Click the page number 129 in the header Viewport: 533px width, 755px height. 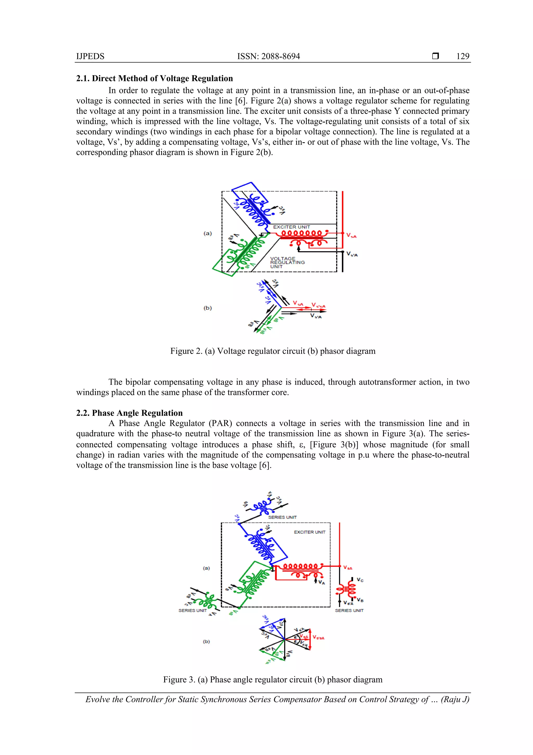(462, 56)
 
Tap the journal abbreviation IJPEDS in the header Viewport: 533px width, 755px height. (90, 56)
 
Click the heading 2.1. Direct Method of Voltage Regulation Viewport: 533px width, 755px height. (154, 78)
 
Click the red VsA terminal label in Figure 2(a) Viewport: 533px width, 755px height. (351, 236)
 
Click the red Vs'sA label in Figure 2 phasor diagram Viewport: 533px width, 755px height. (318, 305)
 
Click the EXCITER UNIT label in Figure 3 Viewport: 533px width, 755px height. (309, 532)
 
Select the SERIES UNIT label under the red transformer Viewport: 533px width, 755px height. (349, 610)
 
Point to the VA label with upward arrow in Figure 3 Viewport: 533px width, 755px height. (321, 582)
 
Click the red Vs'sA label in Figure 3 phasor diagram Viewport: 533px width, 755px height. (318, 638)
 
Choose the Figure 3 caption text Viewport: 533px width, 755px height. (272, 679)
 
